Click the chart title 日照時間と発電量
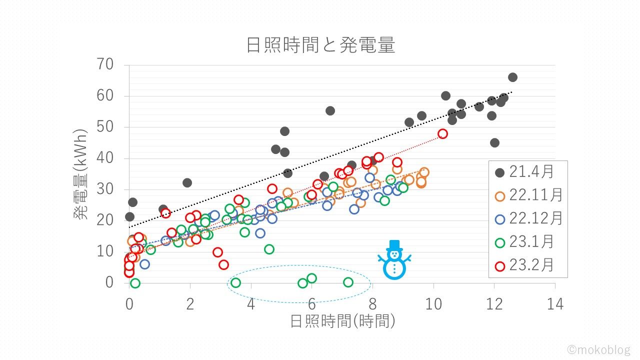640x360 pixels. (320, 45)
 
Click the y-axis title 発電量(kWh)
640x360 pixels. (81, 173)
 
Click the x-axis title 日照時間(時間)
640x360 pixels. (343, 320)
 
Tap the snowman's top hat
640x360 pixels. (395, 244)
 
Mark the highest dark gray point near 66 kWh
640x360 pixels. (512, 77)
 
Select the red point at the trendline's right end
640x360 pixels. (442, 133)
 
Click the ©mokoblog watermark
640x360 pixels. (598, 349)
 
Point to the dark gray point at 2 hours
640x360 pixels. (187, 182)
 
